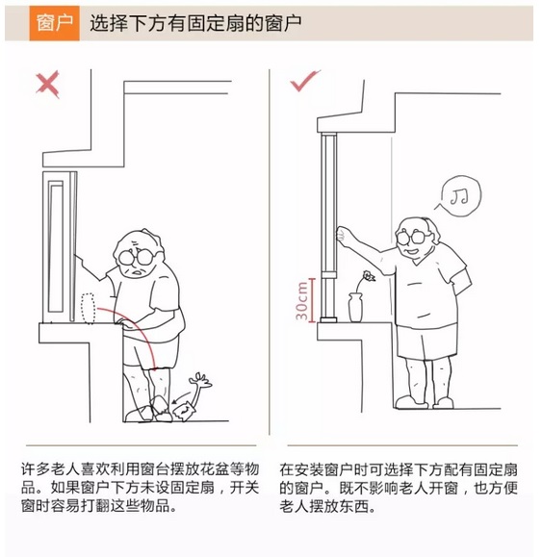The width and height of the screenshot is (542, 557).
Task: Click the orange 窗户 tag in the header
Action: coord(54,23)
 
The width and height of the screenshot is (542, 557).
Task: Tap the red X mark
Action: coord(47,85)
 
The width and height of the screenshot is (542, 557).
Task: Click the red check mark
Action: coord(304,81)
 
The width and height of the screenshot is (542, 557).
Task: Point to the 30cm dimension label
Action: coord(301,300)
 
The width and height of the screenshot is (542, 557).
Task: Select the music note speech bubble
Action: coord(460,195)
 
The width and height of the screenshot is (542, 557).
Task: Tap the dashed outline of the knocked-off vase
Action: coord(88,309)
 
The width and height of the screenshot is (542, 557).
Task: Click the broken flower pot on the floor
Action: coord(183,412)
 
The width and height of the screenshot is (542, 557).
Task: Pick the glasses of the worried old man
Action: coord(136,257)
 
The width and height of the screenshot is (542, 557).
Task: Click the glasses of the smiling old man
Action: coord(412,237)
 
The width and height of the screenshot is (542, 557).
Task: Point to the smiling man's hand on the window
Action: coord(342,234)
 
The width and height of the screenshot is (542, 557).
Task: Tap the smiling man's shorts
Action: coord(426,342)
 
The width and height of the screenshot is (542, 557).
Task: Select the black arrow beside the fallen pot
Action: coord(182,396)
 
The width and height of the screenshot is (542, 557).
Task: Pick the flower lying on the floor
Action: coord(201,386)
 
